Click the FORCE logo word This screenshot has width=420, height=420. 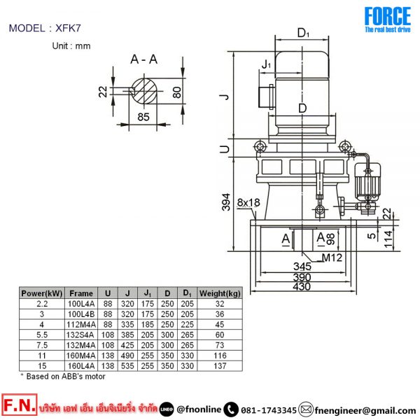(x=388, y=16)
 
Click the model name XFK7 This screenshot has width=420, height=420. (x=68, y=28)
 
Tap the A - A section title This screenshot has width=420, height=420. (x=143, y=59)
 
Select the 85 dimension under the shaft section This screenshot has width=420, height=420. (x=143, y=117)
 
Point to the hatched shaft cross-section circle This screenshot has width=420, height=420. (x=143, y=91)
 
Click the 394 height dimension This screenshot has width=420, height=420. (x=226, y=202)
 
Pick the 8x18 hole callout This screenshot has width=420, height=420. (x=248, y=203)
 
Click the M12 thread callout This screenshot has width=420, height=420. (x=332, y=258)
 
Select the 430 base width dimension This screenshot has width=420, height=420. (x=302, y=286)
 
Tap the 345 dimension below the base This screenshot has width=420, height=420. (x=302, y=266)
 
